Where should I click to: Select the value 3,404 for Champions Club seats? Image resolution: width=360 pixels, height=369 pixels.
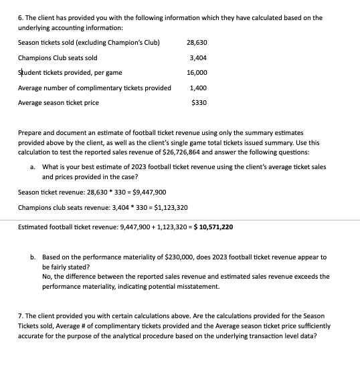point(199,57)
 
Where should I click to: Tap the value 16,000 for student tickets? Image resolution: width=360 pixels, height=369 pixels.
point(197,72)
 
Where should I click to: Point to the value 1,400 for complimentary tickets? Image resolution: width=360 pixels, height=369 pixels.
point(199,88)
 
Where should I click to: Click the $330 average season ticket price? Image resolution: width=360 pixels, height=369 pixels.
point(199,102)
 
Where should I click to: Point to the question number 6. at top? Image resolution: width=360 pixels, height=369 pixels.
point(21,18)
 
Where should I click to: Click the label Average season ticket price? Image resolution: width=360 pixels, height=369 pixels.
point(58,102)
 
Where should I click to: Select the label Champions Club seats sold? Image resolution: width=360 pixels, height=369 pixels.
point(58,57)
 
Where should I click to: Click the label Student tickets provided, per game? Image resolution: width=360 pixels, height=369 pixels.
point(70,72)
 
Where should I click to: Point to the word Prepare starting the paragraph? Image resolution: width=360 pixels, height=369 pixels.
point(30,134)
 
